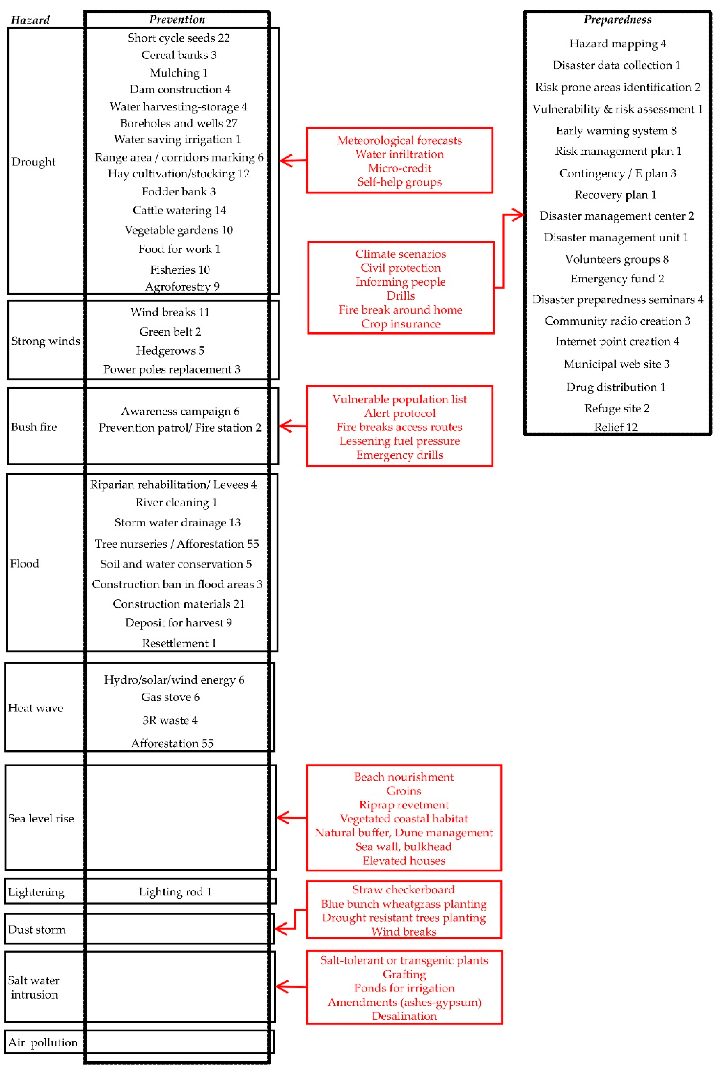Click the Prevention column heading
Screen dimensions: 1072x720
click(x=177, y=19)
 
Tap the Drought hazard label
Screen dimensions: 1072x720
click(x=33, y=162)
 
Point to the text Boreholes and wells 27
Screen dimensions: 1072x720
click(x=179, y=123)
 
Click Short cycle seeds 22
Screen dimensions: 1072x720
click(x=179, y=38)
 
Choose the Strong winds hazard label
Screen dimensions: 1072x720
click(x=45, y=341)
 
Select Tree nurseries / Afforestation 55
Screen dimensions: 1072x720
click(x=177, y=544)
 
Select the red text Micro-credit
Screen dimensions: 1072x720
click(x=399, y=168)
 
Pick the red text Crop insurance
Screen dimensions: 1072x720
click(x=400, y=324)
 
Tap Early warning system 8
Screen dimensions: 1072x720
click(x=616, y=131)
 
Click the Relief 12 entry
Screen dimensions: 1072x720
click(x=616, y=427)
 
